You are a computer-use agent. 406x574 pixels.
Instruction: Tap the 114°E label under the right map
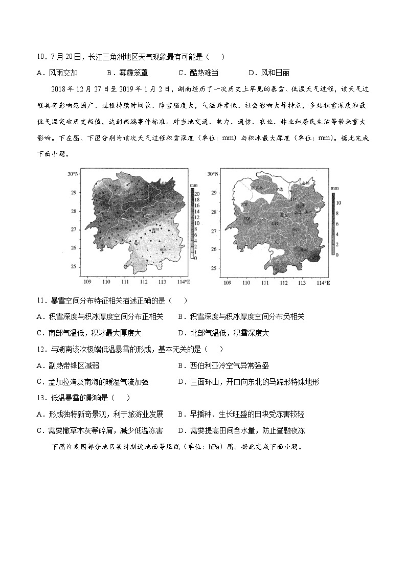point(324,282)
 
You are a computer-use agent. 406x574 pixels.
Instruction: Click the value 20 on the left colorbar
point(197,191)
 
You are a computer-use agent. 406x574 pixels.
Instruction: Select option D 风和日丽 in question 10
point(269,73)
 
